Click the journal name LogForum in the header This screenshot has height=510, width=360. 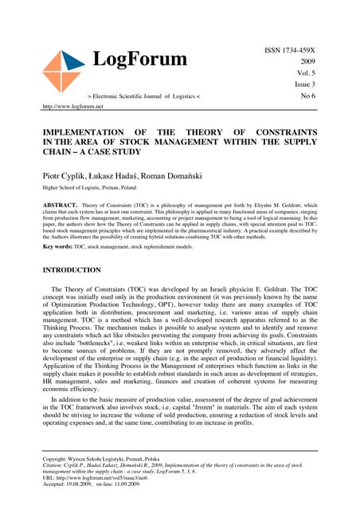140,60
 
